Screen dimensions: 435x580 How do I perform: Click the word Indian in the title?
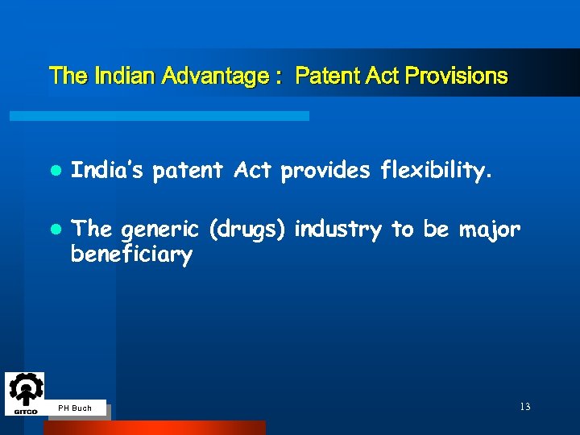tap(126, 77)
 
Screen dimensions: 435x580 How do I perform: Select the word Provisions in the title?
tap(457, 77)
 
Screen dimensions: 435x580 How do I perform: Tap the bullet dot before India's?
tap(54, 171)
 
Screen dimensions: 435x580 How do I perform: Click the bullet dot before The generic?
tap(54, 230)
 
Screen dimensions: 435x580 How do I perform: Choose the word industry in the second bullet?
tap(338, 230)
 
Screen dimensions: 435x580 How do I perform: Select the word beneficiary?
tap(132, 255)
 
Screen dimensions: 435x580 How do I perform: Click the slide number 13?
tap(524, 407)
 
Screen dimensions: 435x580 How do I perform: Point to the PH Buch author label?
tap(76, 408)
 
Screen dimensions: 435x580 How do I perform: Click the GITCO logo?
tap(26, 394)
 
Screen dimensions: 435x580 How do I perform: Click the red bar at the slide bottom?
tap(154, 428)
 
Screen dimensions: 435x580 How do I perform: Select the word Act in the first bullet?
tap(253, 170)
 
